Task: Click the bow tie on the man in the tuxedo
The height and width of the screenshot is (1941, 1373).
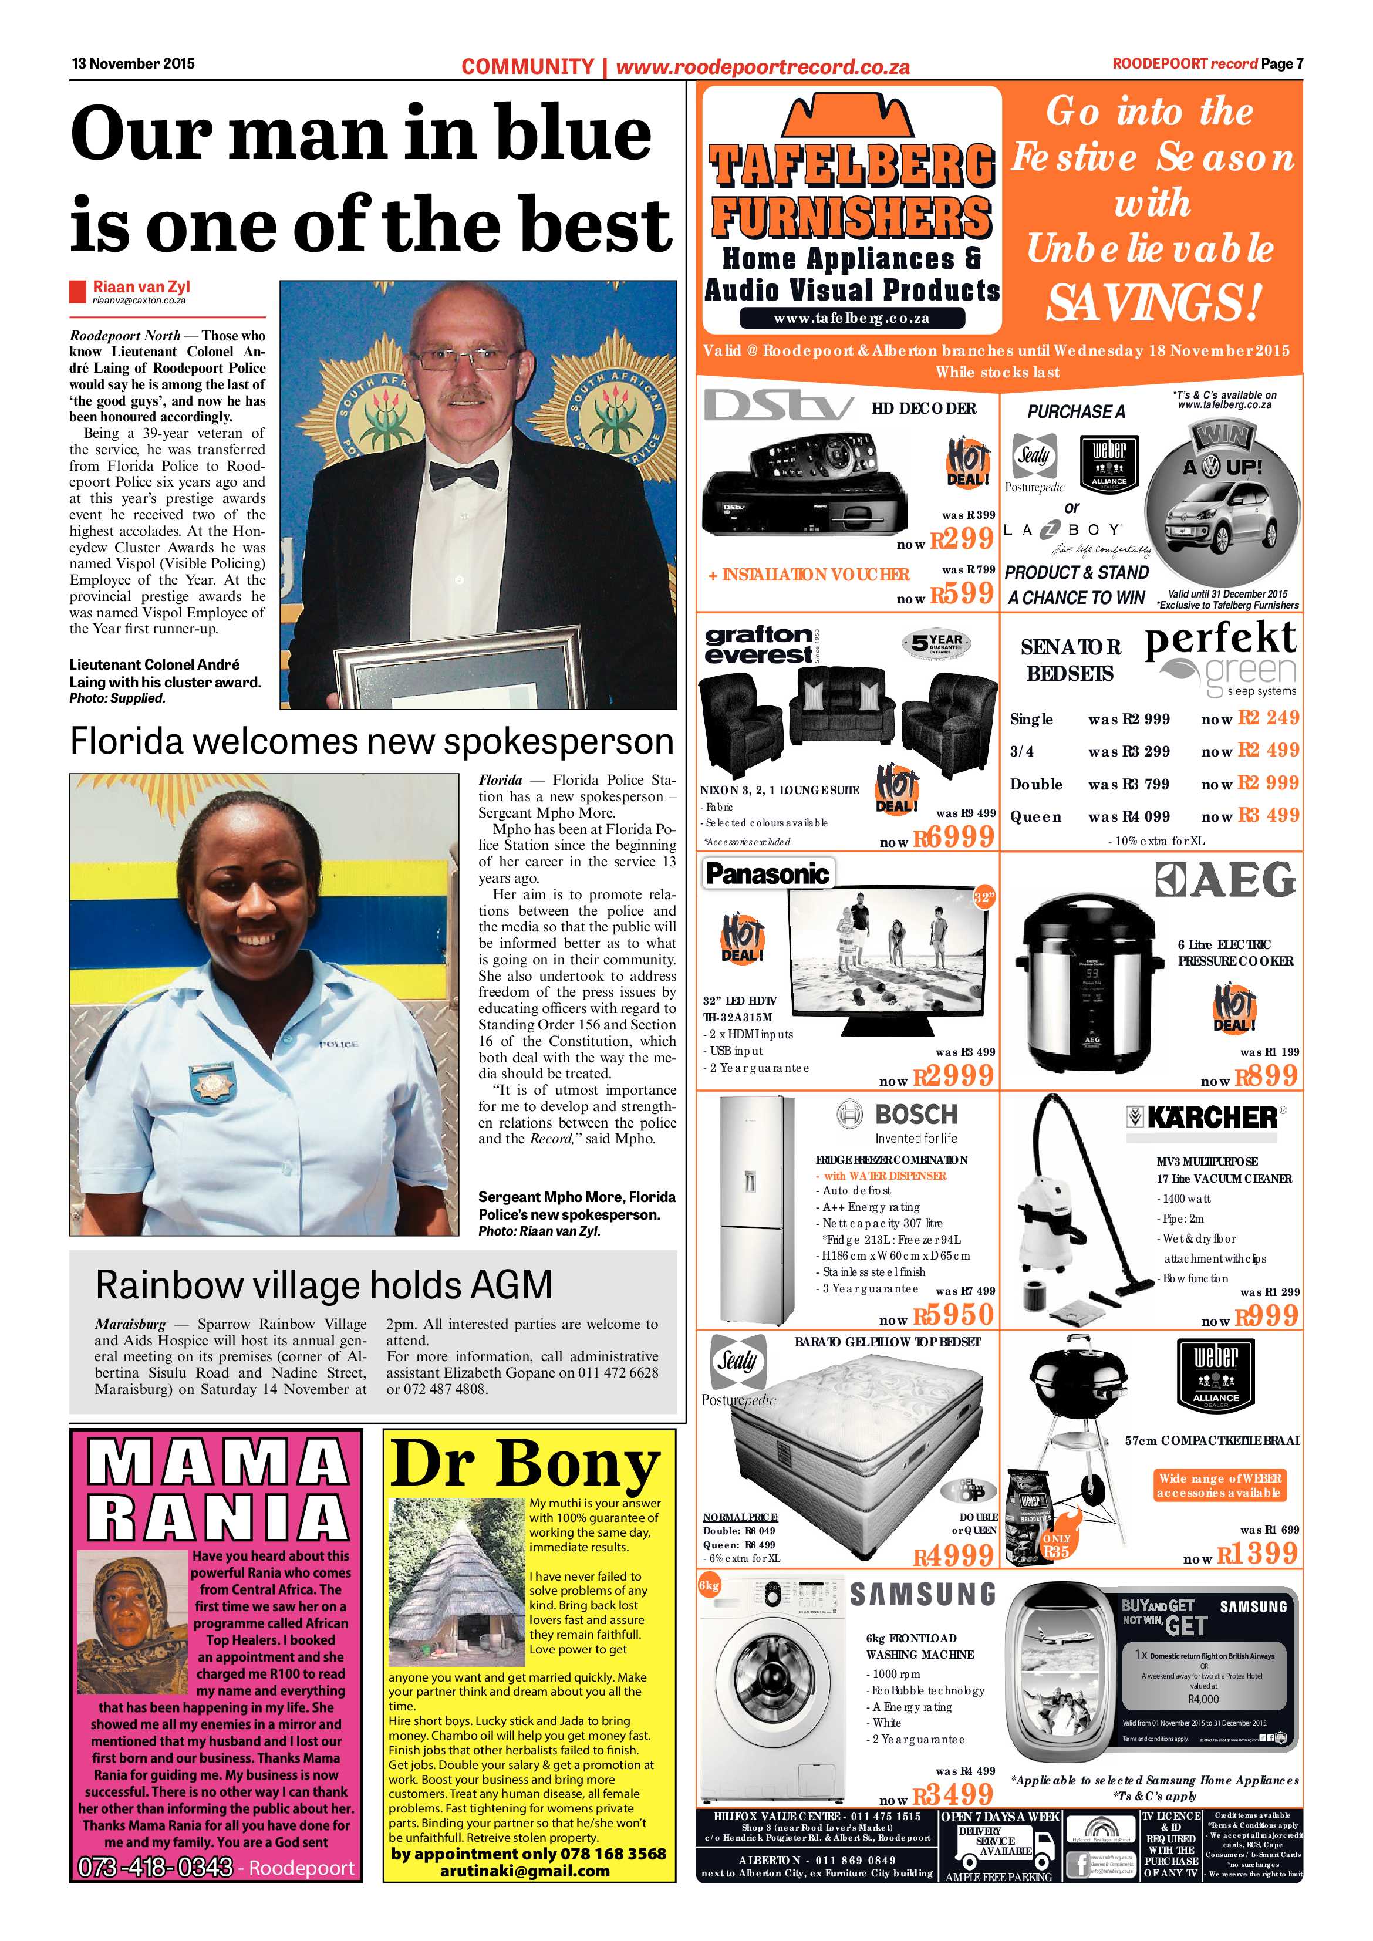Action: click(463, 474)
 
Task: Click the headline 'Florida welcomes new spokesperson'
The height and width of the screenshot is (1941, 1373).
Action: click(372, 741)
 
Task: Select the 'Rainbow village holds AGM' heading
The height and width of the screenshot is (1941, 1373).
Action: click(324, 1285)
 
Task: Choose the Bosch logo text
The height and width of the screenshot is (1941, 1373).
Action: click(916, 1114)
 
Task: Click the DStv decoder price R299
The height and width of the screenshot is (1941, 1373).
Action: click(962, 538)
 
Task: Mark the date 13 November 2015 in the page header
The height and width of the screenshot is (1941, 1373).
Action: click(133, 63)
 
